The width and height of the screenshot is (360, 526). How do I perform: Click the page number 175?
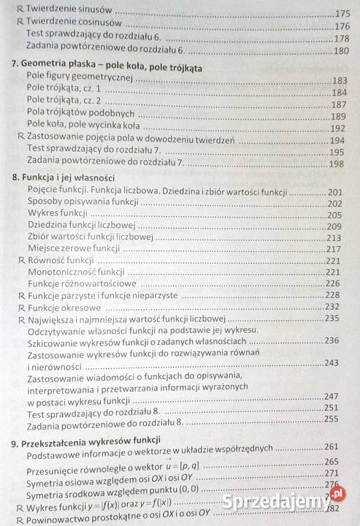[343, 13]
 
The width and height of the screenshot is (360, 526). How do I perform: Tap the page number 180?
[342, 51]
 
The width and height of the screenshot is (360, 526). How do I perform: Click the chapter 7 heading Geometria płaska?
[107, 68]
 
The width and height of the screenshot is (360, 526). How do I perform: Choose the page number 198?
[336, 164]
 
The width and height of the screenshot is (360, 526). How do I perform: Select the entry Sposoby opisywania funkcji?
[83, 202]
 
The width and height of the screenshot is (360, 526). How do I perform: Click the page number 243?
[332, 363]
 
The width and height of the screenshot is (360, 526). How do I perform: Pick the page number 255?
[332, 419]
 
